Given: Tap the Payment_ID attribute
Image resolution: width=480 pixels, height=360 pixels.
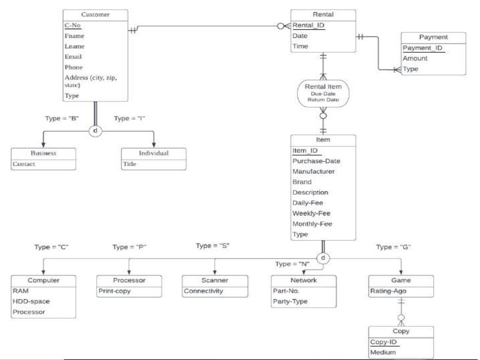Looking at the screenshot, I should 422,49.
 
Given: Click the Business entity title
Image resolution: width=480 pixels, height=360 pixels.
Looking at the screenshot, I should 44,153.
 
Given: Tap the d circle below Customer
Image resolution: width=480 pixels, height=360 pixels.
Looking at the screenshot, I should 95,131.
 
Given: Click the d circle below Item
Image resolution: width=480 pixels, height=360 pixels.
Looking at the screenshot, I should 323,258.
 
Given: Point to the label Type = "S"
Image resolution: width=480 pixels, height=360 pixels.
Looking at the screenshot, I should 213,246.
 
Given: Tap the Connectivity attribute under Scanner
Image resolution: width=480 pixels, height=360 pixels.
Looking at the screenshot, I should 204,291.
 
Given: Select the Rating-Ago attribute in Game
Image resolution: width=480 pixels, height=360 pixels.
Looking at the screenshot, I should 389,291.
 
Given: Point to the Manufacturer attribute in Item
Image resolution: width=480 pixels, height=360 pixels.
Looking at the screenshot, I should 314,172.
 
